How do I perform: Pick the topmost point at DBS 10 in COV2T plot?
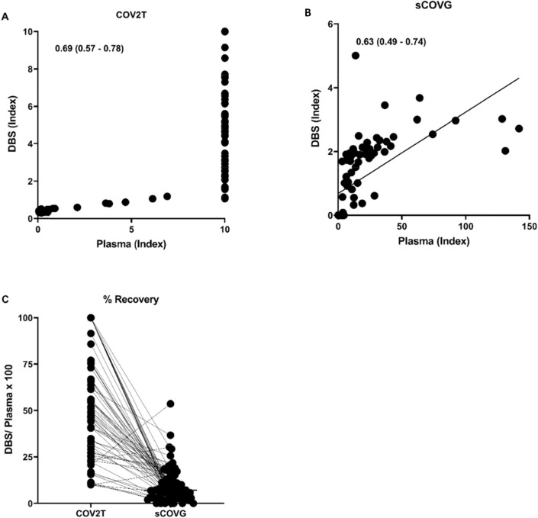pos(224,32)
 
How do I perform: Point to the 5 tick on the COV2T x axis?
pos(131,230)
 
